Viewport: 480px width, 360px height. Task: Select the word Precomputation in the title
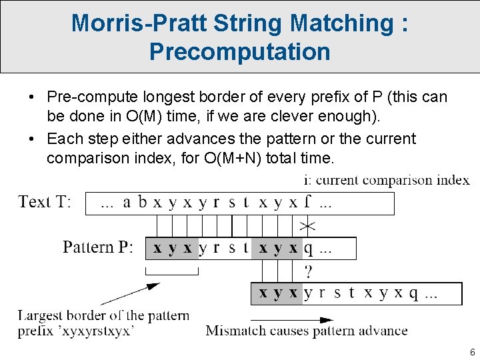239,51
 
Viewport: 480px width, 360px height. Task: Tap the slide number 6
472,352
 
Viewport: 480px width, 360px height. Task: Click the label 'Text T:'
45,202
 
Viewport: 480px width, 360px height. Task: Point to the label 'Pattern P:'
98,247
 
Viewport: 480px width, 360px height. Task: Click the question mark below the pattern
308,271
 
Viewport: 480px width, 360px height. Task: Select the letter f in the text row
309,203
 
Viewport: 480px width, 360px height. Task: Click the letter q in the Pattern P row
308,249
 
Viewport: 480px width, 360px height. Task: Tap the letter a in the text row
127,203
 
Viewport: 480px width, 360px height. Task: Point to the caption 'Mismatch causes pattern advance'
307,330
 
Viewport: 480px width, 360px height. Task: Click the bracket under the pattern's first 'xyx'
172,272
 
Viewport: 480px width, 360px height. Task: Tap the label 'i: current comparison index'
386,180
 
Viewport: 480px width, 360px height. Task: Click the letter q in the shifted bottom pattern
413,293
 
